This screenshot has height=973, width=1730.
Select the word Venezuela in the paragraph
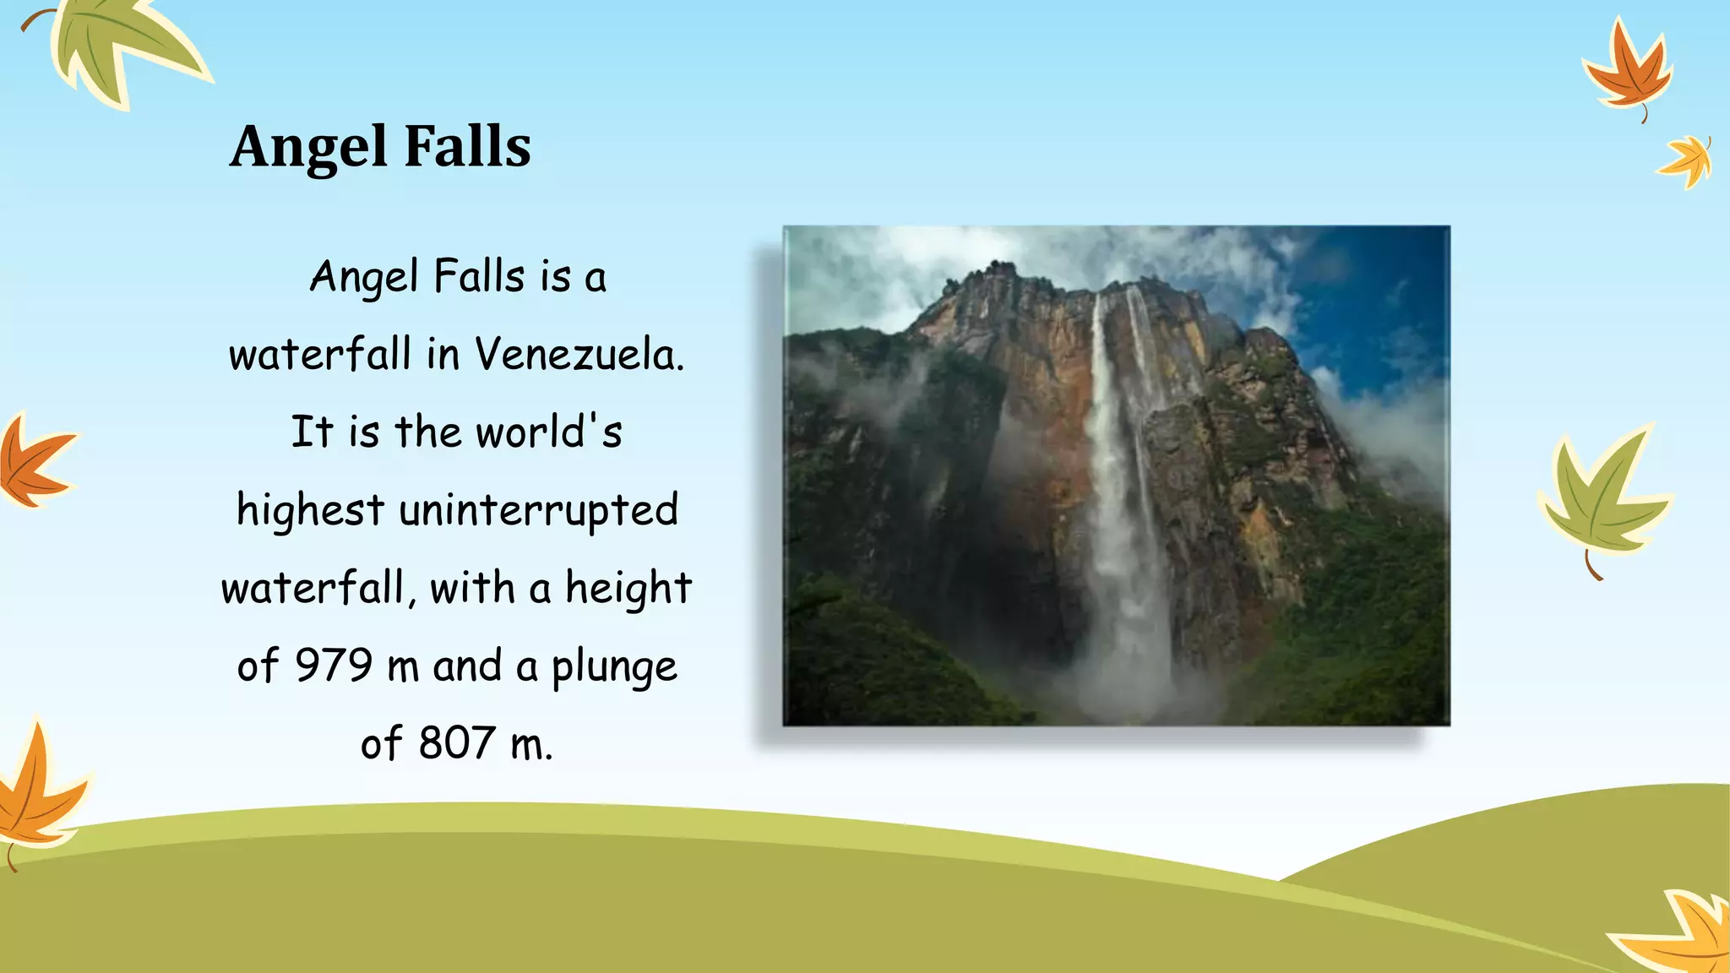pyautogui.click(x=579, y=354)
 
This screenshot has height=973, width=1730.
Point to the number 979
pyautogui.click(x=333, y=666)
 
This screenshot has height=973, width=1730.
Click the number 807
pyautogui.click(x=456, y=743)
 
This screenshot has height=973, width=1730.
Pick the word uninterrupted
pyautogui.click(x=538, y=510)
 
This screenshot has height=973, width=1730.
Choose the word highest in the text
pyautogui.click(x=310, y=510)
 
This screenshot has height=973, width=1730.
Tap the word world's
pyautogui.click(x=549, y=432)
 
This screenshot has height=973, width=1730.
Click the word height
pyautogui.click(x=628, y=588)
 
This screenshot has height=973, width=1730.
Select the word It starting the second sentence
pyautogui.click(x=312, y=432)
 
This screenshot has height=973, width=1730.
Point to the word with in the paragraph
pyautogui.click(x=472, y=588)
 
